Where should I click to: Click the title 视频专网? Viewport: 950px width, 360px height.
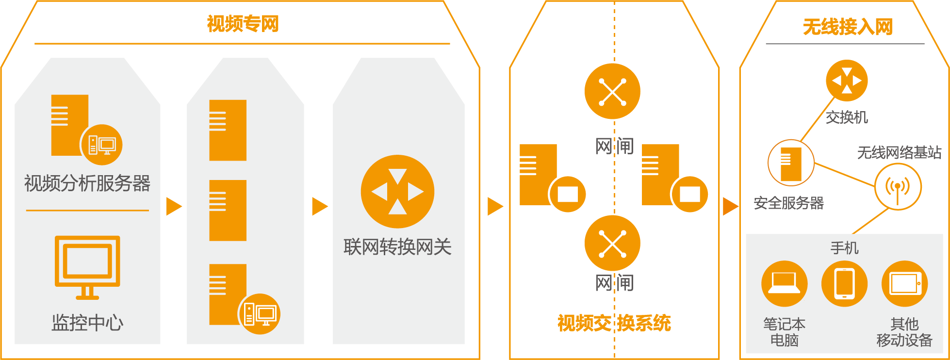click(x=243, y=24)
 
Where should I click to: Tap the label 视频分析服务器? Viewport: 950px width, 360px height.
click(x=87, y=183)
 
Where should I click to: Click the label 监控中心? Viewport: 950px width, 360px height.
click(x=87, y=323)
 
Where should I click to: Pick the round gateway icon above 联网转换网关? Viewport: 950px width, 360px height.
click(x=397, y=192)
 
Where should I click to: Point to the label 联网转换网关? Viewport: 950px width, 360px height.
click(x=397, y=247)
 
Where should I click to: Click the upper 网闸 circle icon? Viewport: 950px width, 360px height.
click(x=612, y=91)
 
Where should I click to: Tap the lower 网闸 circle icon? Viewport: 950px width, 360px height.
click(x=612, y=243)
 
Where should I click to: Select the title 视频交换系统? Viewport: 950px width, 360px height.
click(x=614, y=323)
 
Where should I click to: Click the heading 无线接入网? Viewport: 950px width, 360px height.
click(x=847, y=27)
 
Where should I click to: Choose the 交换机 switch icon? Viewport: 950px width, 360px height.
click(x=847, y=81)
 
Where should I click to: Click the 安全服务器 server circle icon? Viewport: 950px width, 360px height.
click(x=791, y=163)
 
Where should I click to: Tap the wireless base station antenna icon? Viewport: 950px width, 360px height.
click(x=898, y=187)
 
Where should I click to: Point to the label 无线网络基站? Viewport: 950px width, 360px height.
click(x=899, y=153)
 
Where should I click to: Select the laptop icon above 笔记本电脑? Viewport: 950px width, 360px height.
click(x=785, y=284)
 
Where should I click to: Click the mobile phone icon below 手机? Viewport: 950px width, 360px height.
click(x=844, y=284)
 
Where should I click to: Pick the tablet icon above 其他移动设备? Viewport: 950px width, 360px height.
click(x=904, y=284)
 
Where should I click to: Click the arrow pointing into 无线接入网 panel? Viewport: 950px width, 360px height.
click(x=730, y=206)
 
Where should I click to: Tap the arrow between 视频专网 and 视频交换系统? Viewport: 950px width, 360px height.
click(x=495, y=206)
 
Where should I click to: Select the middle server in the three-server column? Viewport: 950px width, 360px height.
click(x=228, y=210)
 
